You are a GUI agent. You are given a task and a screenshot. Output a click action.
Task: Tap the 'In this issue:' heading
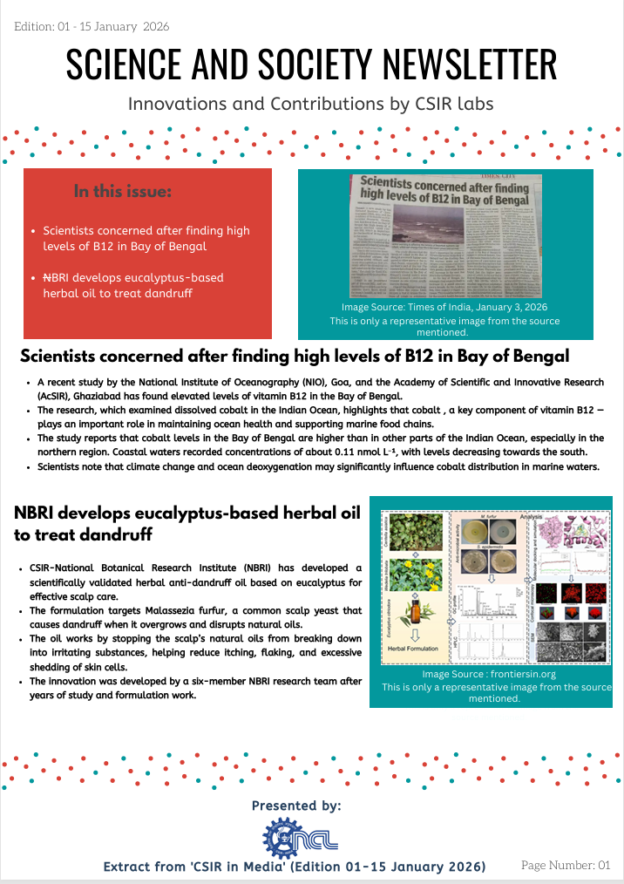click(x=123, y=191)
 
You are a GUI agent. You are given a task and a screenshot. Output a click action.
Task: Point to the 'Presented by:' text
click(x=296, y=805)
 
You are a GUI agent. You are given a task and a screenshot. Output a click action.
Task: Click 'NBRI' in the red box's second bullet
click(x=56, y=278)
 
